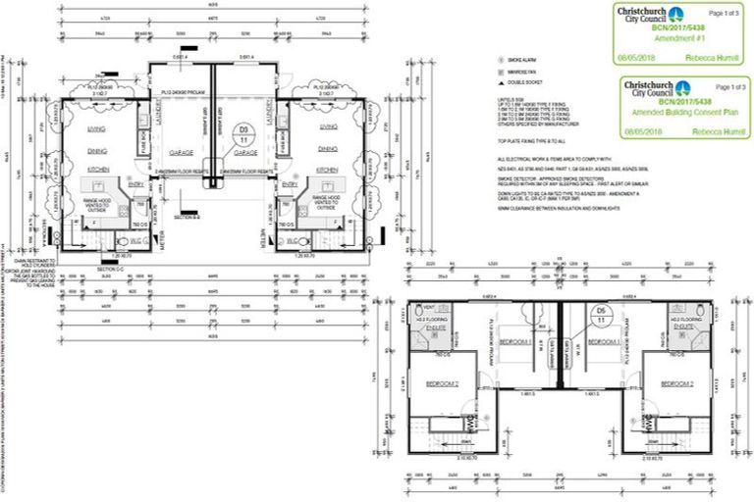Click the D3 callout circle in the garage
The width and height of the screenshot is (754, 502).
[x=244, y=133]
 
